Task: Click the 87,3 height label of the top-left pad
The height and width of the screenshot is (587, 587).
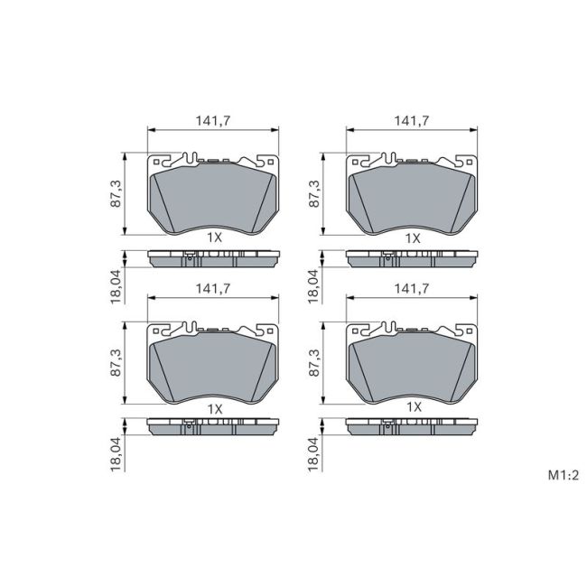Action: pyautogui.click(x=116, y=193)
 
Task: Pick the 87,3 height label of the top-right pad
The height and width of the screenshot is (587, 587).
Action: pyautogui.click(x=314, y=193)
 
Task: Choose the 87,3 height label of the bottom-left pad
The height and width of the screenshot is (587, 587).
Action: pyautogui.click(x=116, y=362)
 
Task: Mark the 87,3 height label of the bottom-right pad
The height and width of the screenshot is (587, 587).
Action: pyautogui.click(x=314, y=362)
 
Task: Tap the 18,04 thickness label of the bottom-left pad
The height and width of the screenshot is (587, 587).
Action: pyautogui.click(x=116, y=452)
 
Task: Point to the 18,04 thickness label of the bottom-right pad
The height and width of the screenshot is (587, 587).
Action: pyautogui.click(x=314, y=452)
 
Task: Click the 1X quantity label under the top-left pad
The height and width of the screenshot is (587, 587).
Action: pyautogui.click(x=214, y=238)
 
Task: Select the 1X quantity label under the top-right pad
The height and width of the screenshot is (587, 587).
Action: pyautogui.click(x=413, y=238)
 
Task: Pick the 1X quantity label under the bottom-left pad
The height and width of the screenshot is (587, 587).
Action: pyautogui.click(x=214, y=407)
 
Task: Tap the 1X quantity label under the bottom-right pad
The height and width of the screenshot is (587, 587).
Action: pyautogui.click(x=413, y=407)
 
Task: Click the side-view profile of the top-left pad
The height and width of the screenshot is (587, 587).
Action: pyautogui.click(x=213, y=260)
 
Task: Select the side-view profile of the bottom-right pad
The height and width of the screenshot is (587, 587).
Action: pyautogui.click(x=412, y=428)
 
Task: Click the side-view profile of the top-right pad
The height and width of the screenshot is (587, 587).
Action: pyautogui.click(x=412, y=260)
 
